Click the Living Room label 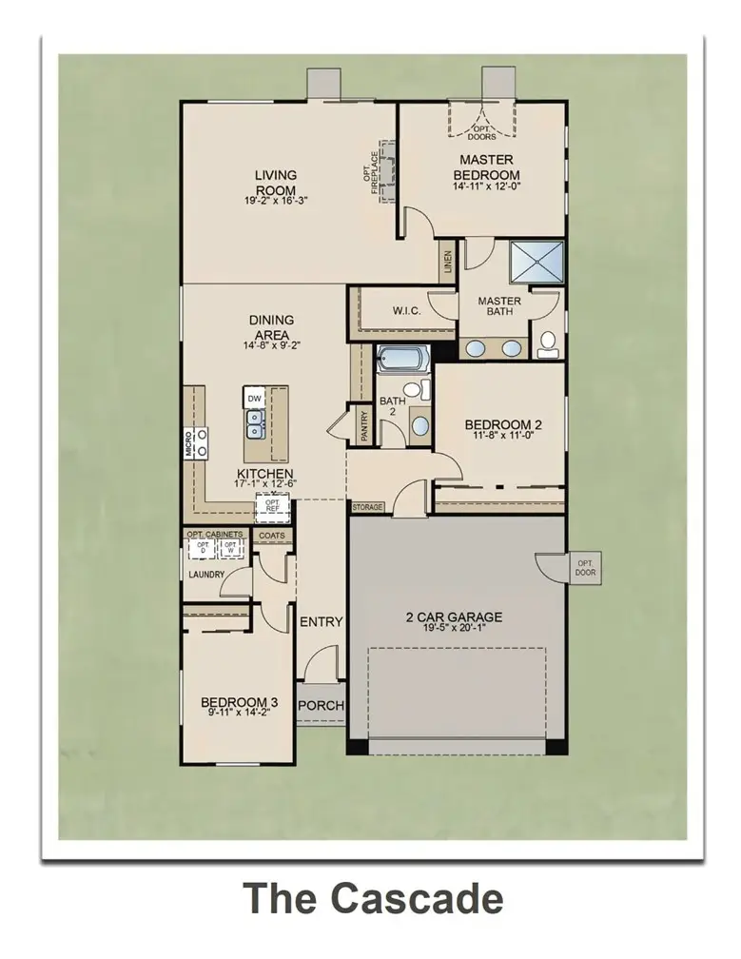(275, 181)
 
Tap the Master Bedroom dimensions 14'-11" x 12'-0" (486, 187)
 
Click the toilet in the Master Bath (548, 344)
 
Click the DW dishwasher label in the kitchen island (254, 398)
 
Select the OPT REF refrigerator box (272, 506)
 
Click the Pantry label (363, 425)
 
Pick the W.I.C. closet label (385, 310)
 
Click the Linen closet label (447, 262)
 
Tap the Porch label (321, 706)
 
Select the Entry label (321, 622)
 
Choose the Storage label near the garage (368, 508)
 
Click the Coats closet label (272, 536)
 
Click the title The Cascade (372, 898)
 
